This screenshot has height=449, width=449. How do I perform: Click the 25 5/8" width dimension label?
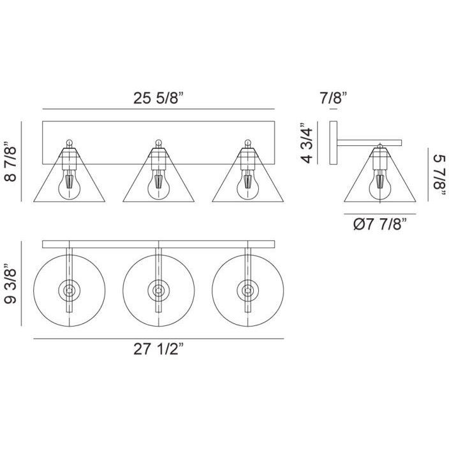[x=158, y=98]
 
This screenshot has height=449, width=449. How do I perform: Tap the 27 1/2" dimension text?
[x=158, y=349]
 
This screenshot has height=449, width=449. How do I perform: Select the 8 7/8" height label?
[x=11, y=161]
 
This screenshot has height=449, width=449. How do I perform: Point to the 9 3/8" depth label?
[x=11, y=283]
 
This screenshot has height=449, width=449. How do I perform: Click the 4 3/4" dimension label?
[x=307, y=143]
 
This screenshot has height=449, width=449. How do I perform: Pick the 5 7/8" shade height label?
[x=440, y=175]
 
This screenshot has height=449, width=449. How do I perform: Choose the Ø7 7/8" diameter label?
[x=380, y=224]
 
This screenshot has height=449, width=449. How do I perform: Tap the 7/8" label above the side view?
[x=334, y=98]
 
